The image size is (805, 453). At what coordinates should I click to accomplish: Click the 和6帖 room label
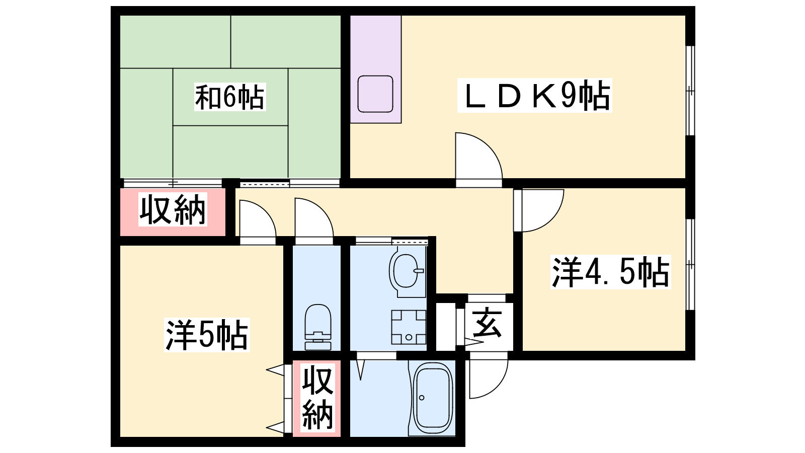229,97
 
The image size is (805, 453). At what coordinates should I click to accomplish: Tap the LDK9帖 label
534,95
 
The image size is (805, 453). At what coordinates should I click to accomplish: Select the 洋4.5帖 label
611,272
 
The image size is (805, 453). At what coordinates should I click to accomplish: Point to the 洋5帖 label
207,335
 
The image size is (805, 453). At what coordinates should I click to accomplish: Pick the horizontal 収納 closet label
173,209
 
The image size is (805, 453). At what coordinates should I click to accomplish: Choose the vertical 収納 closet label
317,398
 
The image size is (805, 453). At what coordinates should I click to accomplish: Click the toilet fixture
318,327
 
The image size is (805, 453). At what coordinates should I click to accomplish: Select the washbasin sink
406,271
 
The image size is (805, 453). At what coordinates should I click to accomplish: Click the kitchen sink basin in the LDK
375,94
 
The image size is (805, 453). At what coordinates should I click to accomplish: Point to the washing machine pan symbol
409,327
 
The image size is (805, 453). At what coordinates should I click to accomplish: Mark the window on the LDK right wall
690,91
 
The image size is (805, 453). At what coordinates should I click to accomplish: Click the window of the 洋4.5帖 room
690,264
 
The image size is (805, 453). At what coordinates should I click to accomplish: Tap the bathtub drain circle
422,398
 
